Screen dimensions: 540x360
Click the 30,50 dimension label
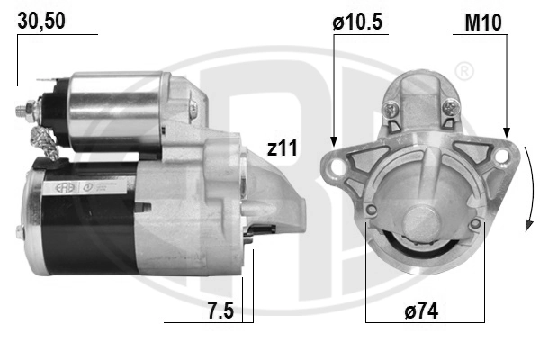click(x=41, y=21)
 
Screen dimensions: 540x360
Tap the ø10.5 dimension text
click(x=357, y=22)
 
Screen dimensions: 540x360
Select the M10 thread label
click(x=483, y=22)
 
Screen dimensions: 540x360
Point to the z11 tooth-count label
click(x=283, y=148)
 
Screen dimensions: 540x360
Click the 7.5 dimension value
click(x=220, y=310)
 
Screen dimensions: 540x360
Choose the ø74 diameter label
click(x=421, y=310)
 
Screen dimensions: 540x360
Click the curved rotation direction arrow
click(x=530, y=188)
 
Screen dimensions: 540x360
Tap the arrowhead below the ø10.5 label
click(x=333, y=141)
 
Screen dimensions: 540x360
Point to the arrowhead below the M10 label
click(x=507, y=132)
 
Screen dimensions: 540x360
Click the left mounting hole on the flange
click(x=337, y=166)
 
